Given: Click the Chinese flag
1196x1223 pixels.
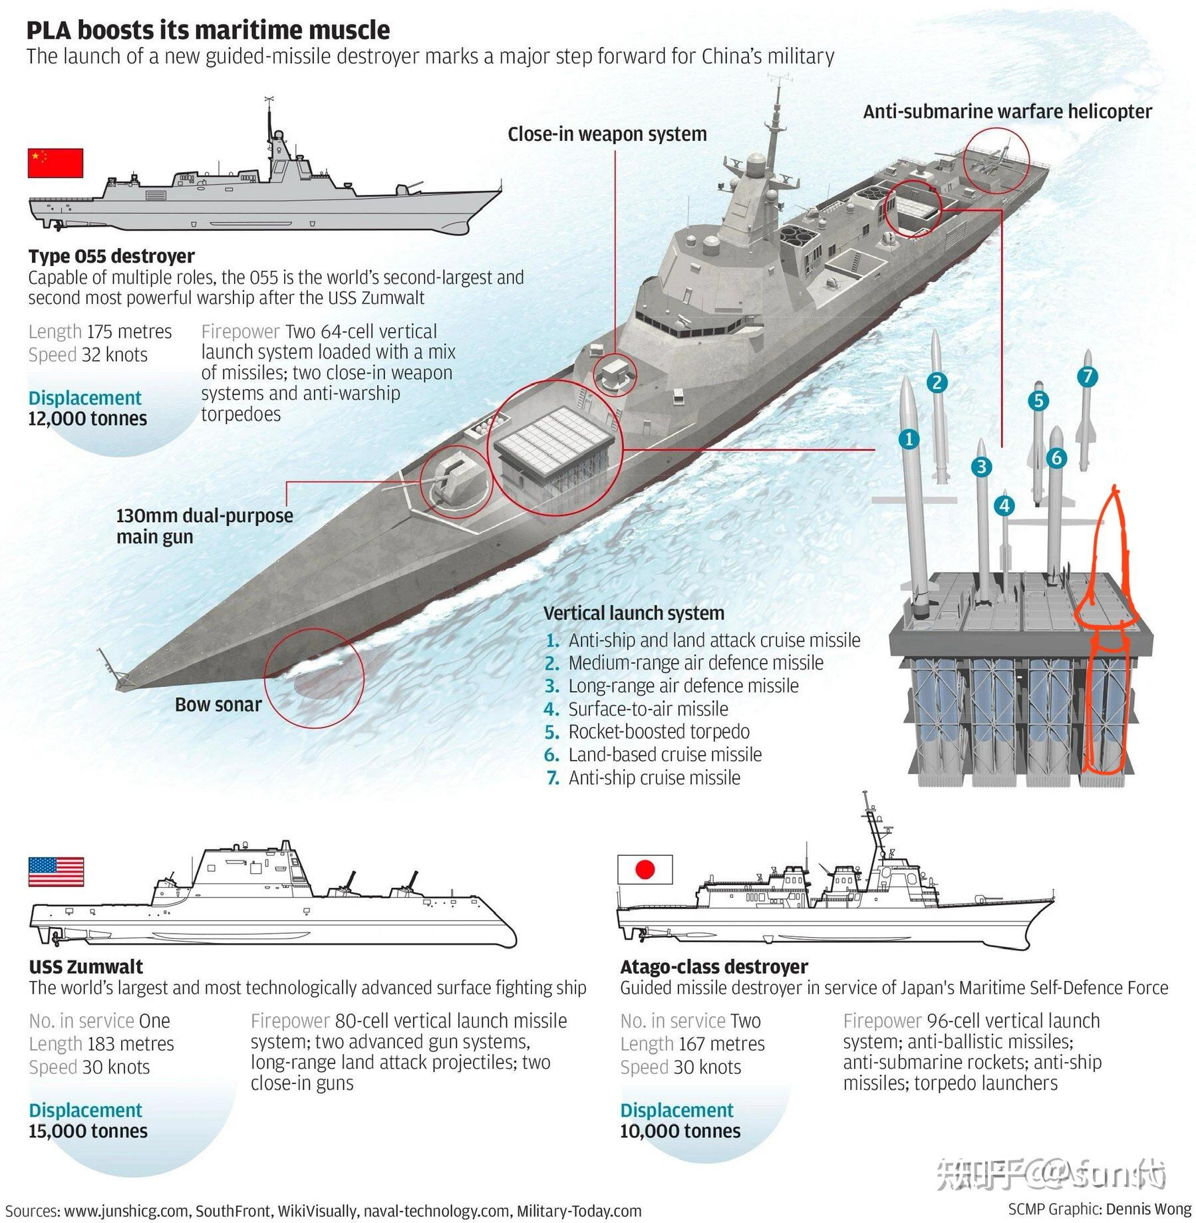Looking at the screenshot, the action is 55,163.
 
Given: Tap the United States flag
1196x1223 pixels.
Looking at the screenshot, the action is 56,871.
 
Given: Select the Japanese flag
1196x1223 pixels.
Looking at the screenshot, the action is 645,869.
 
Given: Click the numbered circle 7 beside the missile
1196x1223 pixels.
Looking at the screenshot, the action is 1087,377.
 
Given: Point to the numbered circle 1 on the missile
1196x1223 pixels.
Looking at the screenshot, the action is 909,439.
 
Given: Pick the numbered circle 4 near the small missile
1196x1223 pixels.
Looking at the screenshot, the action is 1004,506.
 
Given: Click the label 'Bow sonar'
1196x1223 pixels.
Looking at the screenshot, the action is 218,705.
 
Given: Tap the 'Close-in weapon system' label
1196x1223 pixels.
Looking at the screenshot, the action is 607,134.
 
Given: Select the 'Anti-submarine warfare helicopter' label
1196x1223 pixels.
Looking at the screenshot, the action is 1007,112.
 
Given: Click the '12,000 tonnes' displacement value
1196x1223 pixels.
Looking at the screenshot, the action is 88,419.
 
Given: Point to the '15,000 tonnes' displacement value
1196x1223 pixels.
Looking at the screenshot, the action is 88,1131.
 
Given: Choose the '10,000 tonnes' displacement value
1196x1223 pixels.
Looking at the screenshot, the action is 680,1131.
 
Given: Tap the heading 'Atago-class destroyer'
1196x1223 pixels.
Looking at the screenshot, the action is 714,966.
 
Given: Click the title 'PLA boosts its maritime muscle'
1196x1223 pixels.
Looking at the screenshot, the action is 208,31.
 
